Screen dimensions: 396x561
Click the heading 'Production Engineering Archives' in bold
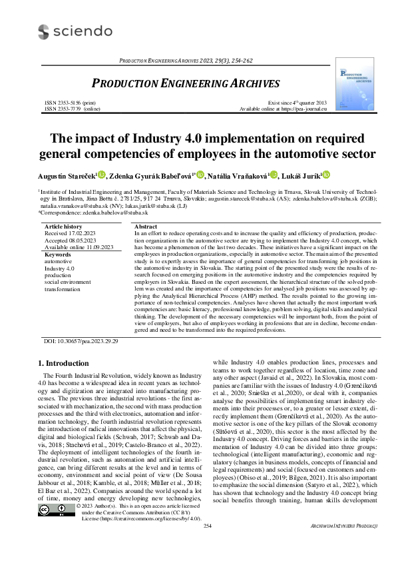[185, 84]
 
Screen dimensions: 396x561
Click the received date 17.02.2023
[91, 234]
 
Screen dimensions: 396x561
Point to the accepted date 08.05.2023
[91, 241]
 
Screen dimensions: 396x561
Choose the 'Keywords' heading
[57, 255]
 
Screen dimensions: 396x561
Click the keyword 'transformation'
[62, 289]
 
